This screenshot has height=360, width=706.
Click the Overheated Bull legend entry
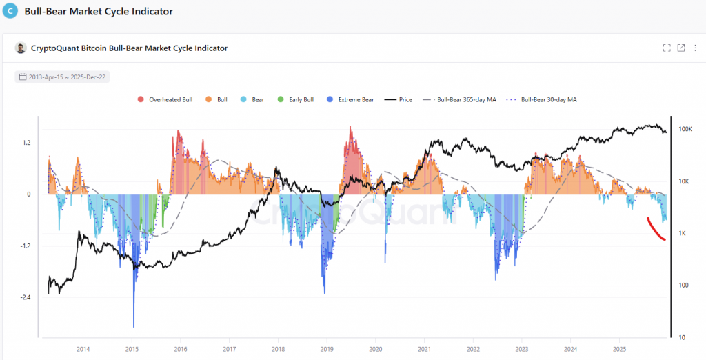(165, 100)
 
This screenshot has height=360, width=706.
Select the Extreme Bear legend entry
(352, 100)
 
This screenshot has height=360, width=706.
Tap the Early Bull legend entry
(296, 100)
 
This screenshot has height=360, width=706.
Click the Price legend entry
(400, 100)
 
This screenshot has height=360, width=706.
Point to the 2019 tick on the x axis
(327, 350)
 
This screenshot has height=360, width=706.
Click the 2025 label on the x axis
(619, 350)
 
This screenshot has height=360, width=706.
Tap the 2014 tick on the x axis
(83, 350)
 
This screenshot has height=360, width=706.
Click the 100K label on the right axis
(685, 130)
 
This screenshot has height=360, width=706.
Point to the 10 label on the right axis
(681, 337)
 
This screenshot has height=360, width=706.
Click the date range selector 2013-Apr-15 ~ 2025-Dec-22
(62, 77)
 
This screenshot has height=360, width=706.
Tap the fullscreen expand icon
(667, 48)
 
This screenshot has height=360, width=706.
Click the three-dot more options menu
(696, 48)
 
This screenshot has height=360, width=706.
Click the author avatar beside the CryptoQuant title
(20, 48)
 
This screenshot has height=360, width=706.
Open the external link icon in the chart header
(681, 48)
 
